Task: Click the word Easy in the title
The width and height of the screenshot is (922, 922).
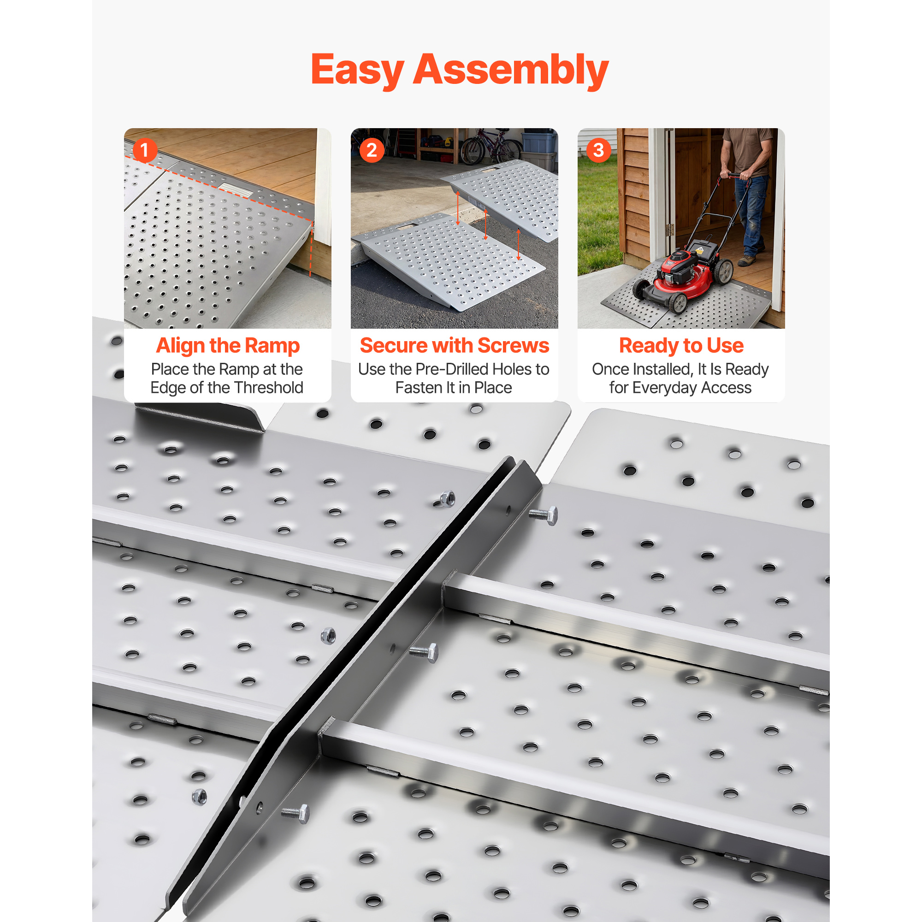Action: tap(357, 71)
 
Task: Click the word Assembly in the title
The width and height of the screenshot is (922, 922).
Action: tap(511, 71)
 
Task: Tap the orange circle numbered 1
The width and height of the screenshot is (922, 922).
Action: tap(145, 150)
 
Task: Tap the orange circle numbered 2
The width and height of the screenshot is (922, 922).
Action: tap(372, 150)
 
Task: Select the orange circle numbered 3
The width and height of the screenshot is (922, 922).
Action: tap(598, 150)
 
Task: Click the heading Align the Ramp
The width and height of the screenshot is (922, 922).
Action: tap(228, 345)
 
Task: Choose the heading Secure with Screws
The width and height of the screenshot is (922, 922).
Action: tap(455, 345)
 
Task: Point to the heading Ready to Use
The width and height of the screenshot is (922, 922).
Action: tap(681, 345)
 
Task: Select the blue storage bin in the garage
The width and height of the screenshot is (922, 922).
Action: tap(539, 141)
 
